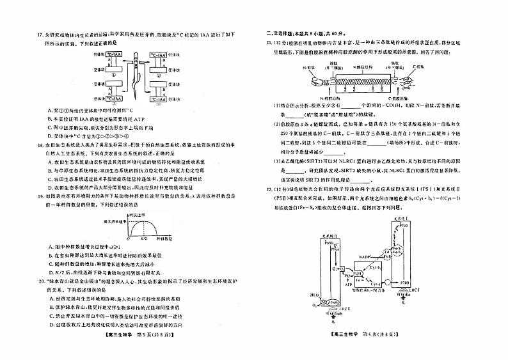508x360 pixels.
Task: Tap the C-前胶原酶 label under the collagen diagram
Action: pyautogui.click(x=400, y=98)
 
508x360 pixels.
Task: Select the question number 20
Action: pyautogui.click(x=23, y=281)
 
